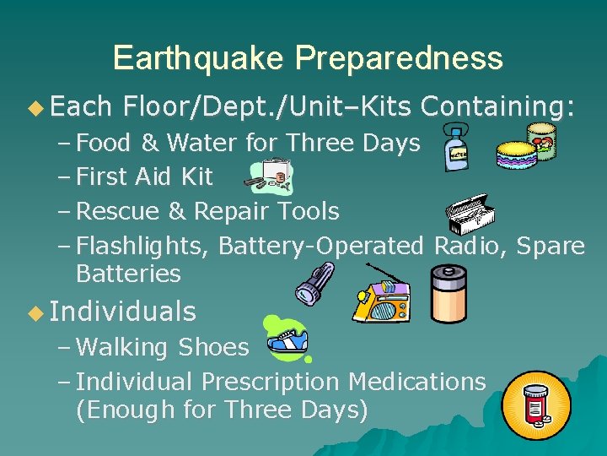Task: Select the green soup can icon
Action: coord(542,141)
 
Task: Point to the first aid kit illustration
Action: coord(269,176)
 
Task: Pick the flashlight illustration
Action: coord(315,283)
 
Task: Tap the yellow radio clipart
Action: coord(381,297)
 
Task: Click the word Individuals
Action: coord(123,312)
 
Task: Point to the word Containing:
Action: coord(498,106)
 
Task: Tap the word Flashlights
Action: coord(144,246)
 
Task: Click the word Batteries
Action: coord(128,274)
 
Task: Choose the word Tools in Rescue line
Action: coord(309,211)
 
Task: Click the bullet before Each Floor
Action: coord(35,107)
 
